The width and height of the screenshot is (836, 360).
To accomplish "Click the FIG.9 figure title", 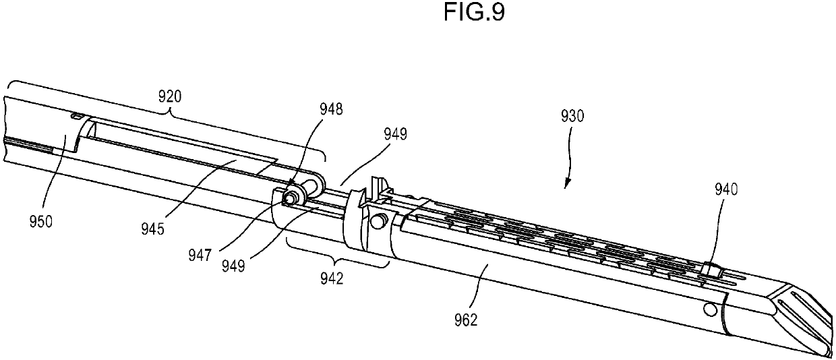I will [474, 13].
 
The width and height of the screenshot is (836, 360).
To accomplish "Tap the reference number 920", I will [170, 96].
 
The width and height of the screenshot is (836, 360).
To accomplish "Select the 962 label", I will [465, 320].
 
